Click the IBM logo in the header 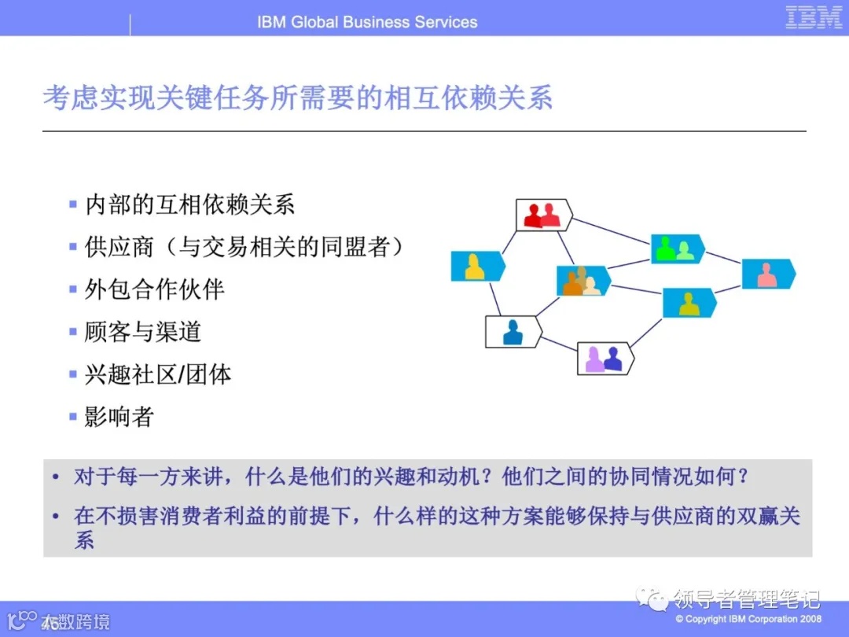(814, 17)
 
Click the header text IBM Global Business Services (367, 22)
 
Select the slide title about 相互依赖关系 (297, 98)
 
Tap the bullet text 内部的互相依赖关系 (189, 205)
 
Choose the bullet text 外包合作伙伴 (154, 289)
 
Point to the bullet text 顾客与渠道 (143, 332)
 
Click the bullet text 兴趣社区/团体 (158, 374)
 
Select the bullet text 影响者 (119, 417)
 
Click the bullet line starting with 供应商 (245, 247)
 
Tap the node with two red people (543, 215)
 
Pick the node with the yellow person (476, 267)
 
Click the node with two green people (676, 249)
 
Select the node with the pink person (767, 274)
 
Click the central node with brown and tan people (583, 281)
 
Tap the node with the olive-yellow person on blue (689, 303)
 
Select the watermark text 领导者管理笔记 (746, 599)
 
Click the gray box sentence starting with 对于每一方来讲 (411, 477)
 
